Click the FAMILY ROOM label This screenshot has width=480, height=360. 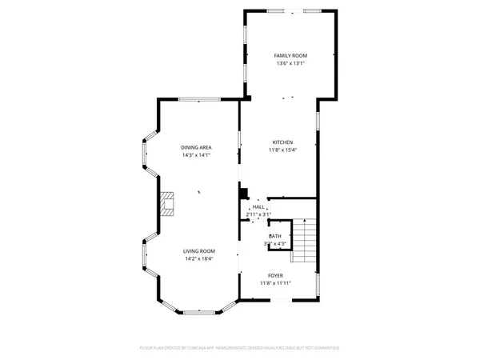click(x=290, y=55)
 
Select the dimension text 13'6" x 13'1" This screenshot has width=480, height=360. click(x=290, y=64)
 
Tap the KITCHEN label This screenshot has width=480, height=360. click(x=281, y=142)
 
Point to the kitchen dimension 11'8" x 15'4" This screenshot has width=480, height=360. click(x=281, y=150)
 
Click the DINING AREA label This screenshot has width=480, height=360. click(x=195, y=147)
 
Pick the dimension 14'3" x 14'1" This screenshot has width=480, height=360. click(x=195, y=156)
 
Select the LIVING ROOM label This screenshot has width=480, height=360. click(x=199, y=250)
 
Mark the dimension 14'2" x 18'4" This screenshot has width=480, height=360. click(x=199, y=259)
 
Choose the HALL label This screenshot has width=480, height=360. click(x=258, y=206)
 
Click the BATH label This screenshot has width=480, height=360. click(x=274, y=236)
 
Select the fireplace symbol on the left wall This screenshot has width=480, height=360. click(x=166, y=204)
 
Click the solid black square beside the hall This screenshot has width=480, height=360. click(x=244, y=193)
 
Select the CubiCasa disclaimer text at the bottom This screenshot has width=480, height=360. click(x=239, y=348)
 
